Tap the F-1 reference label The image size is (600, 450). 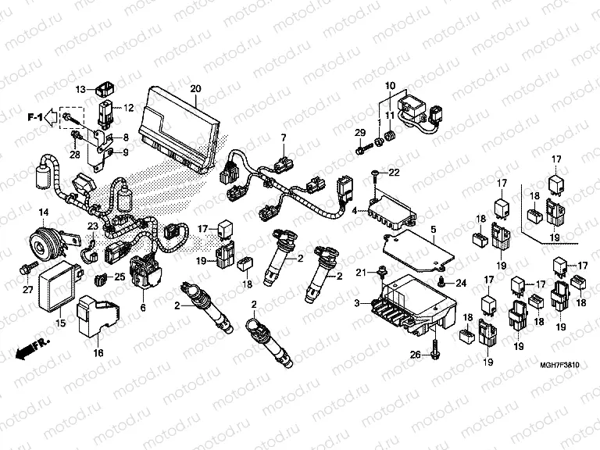point(34,117)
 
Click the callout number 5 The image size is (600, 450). point(433,230)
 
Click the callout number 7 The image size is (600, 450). point(284,138)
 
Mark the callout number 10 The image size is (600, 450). point(389,85)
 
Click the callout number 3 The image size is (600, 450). point(357,302)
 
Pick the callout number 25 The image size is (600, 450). point(119,277)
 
